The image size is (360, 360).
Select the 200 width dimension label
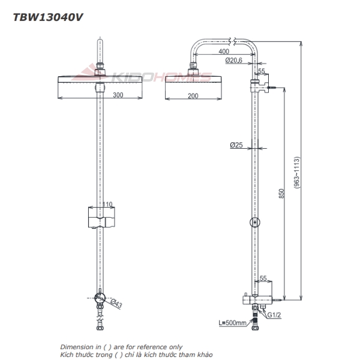click(x=191, y=96)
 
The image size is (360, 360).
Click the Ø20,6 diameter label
click(x=234, y=61)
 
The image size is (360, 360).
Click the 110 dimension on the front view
click(x=106, y=205)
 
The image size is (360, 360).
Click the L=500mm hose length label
click(x=232, y=323)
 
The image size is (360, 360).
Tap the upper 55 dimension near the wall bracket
click(x=261, y=71)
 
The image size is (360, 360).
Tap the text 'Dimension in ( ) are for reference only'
click(x=121, y=347)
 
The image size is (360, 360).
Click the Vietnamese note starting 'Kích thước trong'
click(x=136, y=355)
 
